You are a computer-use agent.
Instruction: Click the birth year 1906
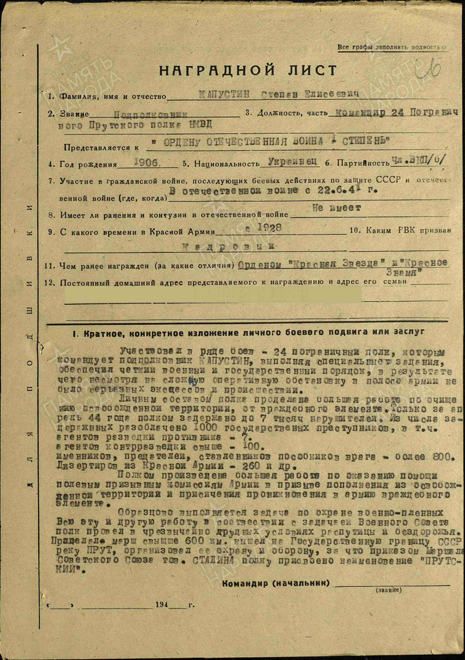tap(146, 163)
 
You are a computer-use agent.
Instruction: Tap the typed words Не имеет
tap(336, 208)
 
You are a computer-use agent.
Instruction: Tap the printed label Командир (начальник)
tap(276, 583)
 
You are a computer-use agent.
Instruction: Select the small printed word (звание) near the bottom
tap(391, 590)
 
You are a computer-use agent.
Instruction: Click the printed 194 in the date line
tap(162, 605)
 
